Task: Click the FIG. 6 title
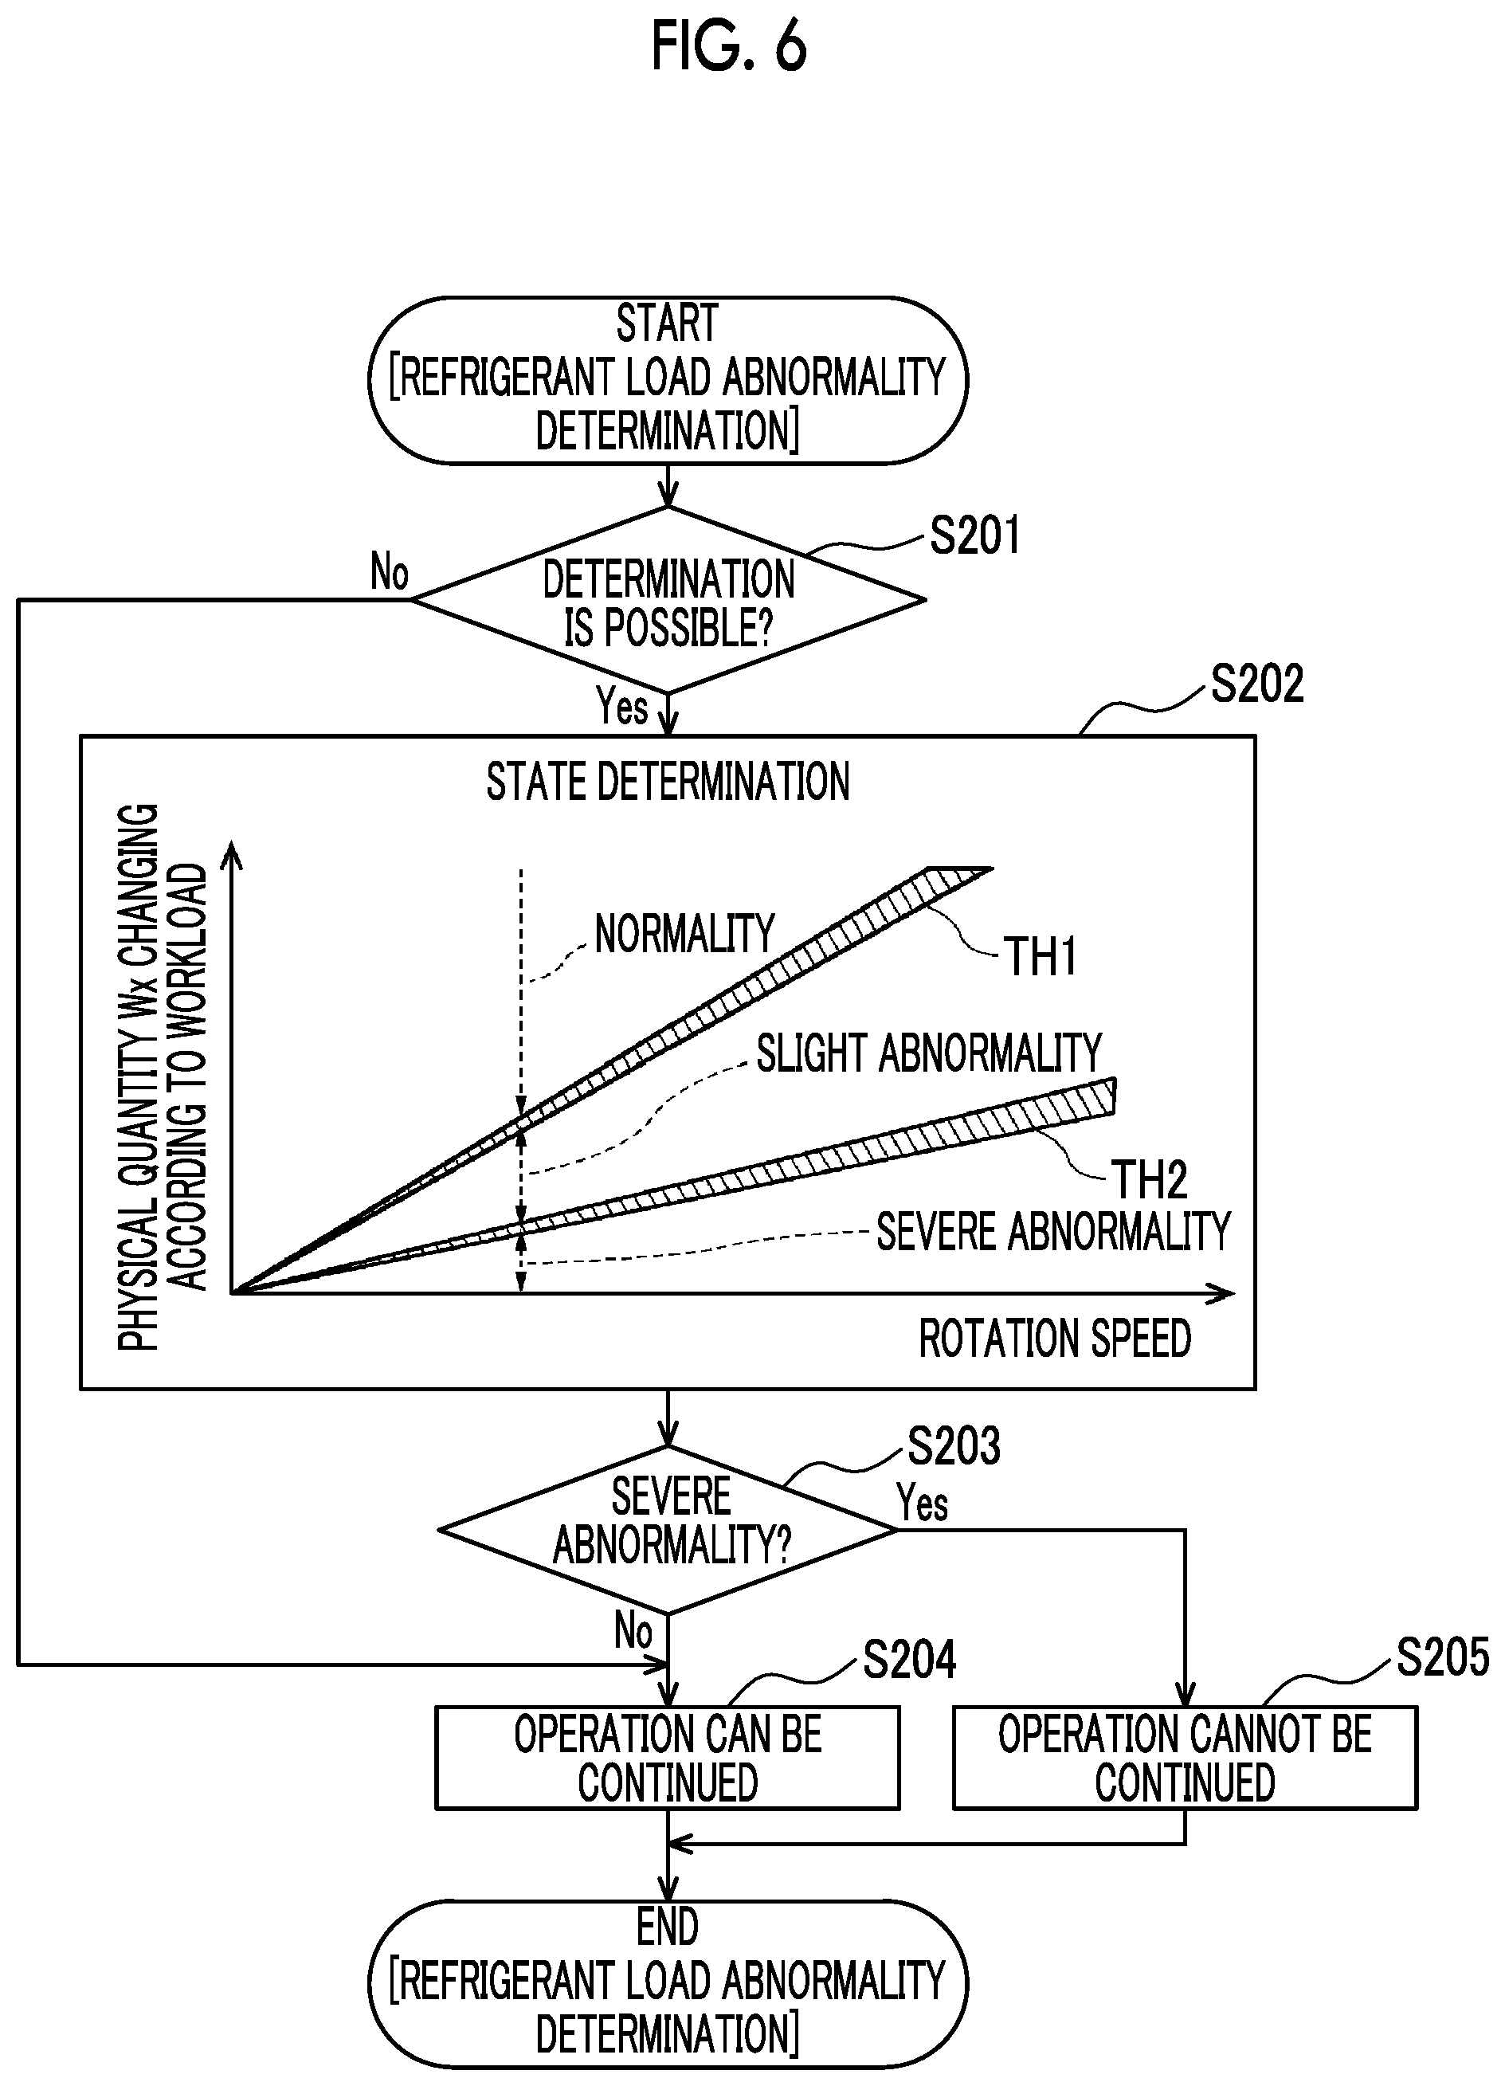coord(728,46)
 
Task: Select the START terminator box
coord(668,380)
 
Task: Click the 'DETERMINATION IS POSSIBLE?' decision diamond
coord(668,600)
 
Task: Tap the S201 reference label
coord(975,535)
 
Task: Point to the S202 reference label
coord(1256,684)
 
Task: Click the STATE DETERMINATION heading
coord(668,782)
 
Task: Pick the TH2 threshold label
coord(1150,1179)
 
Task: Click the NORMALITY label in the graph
coord(684,934)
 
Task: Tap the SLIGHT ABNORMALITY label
coord(929,1053)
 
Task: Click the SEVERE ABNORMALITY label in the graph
coord(1053,1232)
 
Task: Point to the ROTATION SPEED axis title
coord(1055,1339)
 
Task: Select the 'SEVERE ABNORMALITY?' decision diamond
coord(668,1531)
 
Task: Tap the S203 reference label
coord(954,1446)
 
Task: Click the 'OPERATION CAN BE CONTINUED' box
coord(668,1759)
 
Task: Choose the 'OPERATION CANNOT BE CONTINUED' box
coord(1185,1759)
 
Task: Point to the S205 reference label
coord(1442,1657)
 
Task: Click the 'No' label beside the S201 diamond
coord(389,572)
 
